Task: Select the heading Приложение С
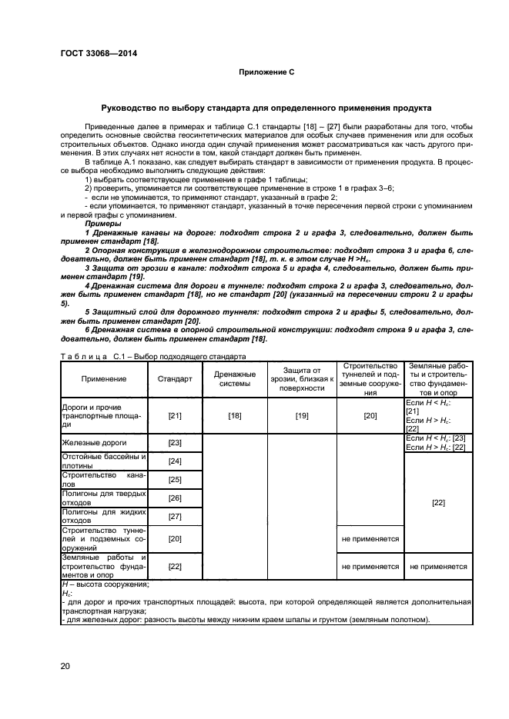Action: [266, 72]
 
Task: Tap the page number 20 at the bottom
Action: [65, 666]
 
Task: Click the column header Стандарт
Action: [175, 378]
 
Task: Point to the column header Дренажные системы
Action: [234, 378]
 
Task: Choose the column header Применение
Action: [103, 378]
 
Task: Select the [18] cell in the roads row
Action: [234, 415]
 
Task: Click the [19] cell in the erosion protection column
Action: [302, 415]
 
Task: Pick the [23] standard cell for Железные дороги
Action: [175, 443]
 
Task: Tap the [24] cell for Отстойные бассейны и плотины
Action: [175, 461]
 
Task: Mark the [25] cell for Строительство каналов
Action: [175, 480]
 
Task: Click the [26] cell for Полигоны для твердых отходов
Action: [175, 498]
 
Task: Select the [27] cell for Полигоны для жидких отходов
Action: [175, 517]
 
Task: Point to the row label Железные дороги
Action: [93, 443]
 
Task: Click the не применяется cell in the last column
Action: [438, 566]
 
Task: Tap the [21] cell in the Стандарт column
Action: [175, 415]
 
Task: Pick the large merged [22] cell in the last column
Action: [438, 502]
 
